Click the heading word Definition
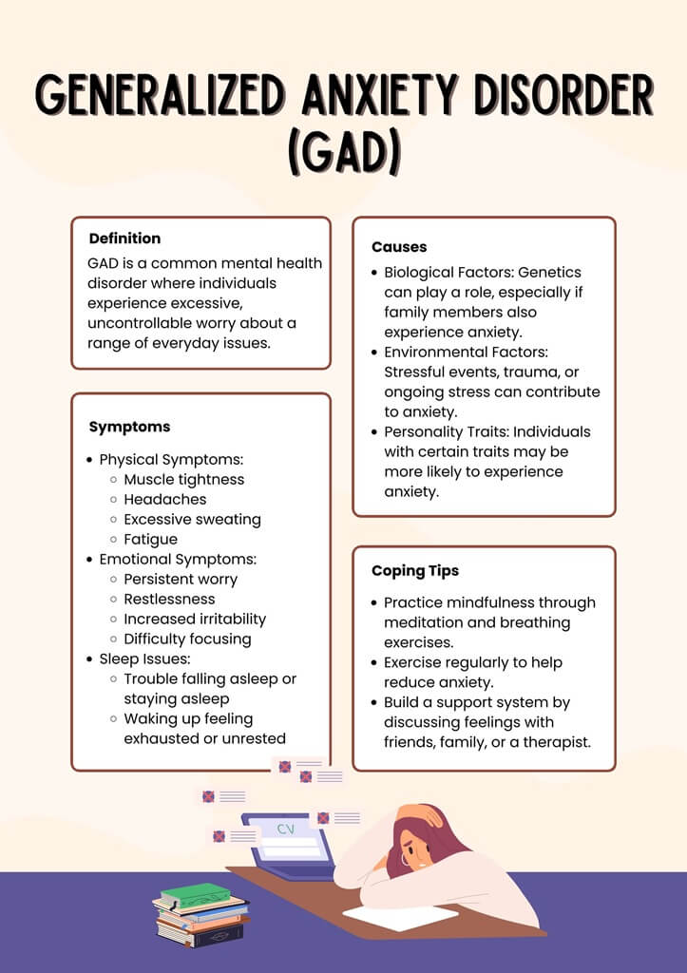click(x=124, y=238)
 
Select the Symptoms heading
click(x=129, y=427)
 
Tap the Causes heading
click(x=399, y=247)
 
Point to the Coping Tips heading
click(x=415, y=571)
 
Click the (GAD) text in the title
click(x=344, y=152)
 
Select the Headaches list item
click(x=164, y=499)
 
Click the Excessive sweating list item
click(x=192, y=519)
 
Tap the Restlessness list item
click(x=169, y=599)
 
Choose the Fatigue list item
click(x=150, y=539)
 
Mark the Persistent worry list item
click(x=181, y=579)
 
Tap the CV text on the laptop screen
click(x=285, y=829)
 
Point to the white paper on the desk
click(x=399, y=917)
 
